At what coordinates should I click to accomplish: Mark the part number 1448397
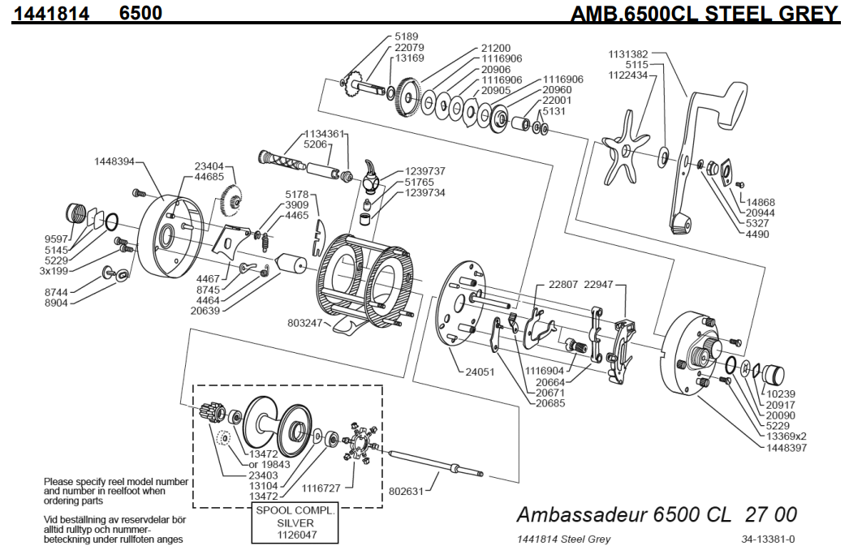pos(781,447)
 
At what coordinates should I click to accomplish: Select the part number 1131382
pos(629,54)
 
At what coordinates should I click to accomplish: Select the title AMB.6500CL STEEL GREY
pos(704,13)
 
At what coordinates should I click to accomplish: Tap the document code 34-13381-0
pos(767,539)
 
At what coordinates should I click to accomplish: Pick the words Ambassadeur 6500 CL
pos(621,514)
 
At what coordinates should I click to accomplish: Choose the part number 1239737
pos(423,171)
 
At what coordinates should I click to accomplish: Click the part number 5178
pos(296,195)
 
